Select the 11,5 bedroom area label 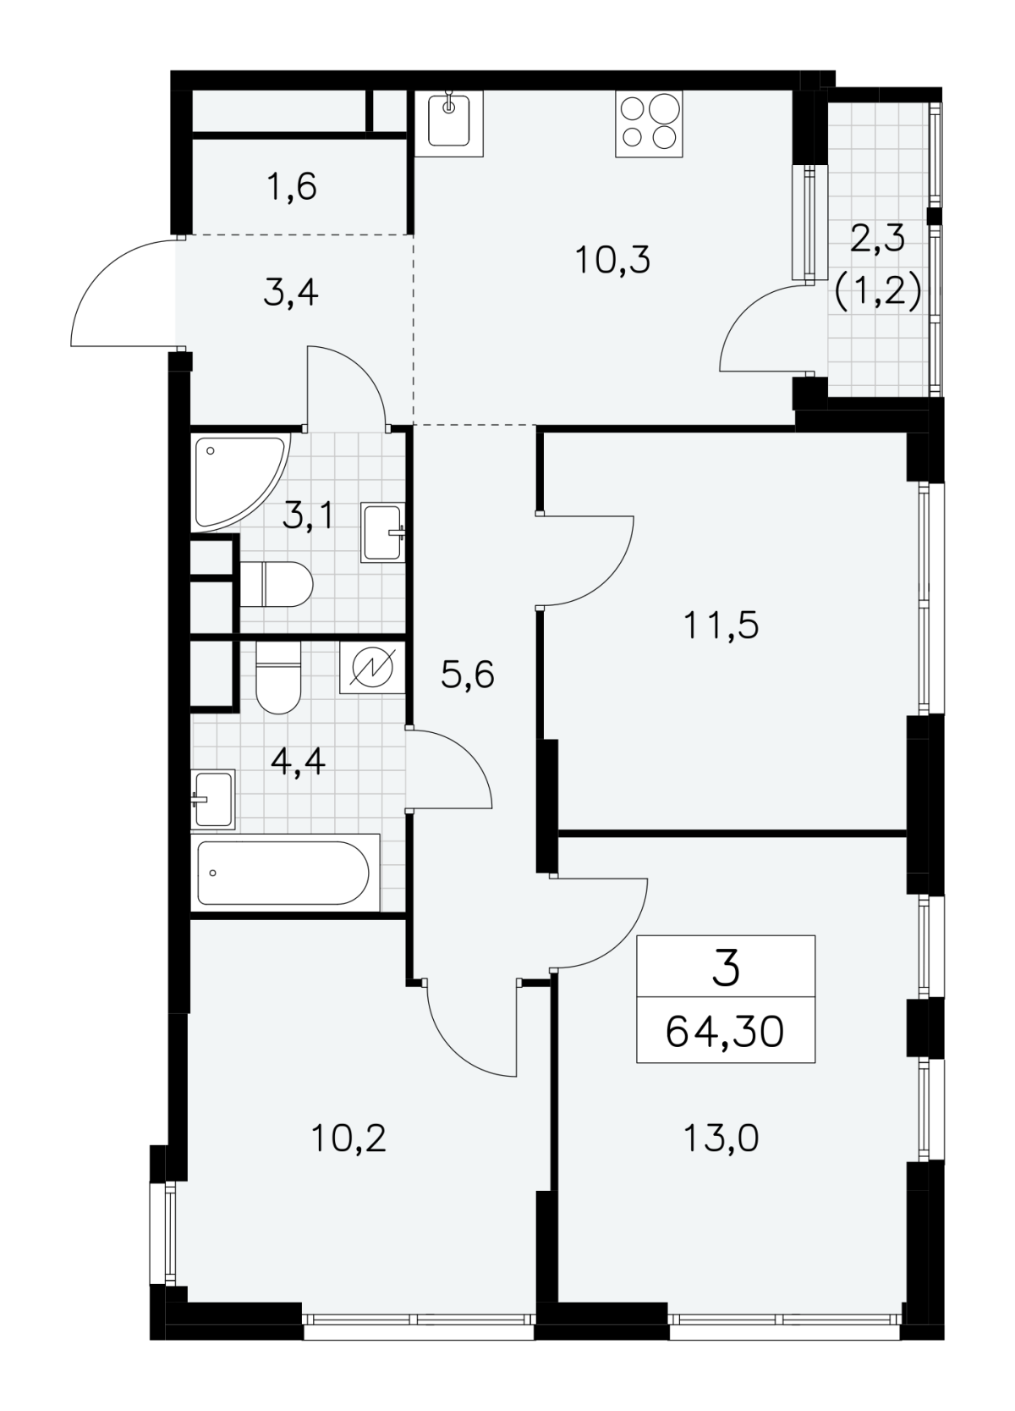722,626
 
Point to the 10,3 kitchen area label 612,260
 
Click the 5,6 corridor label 468,675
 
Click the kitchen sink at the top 449,124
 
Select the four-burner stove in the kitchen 649,124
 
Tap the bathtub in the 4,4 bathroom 285,873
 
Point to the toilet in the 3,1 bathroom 277,584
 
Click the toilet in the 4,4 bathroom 279,678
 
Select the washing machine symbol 371,668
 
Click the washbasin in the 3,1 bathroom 383,532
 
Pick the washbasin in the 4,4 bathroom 213,799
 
